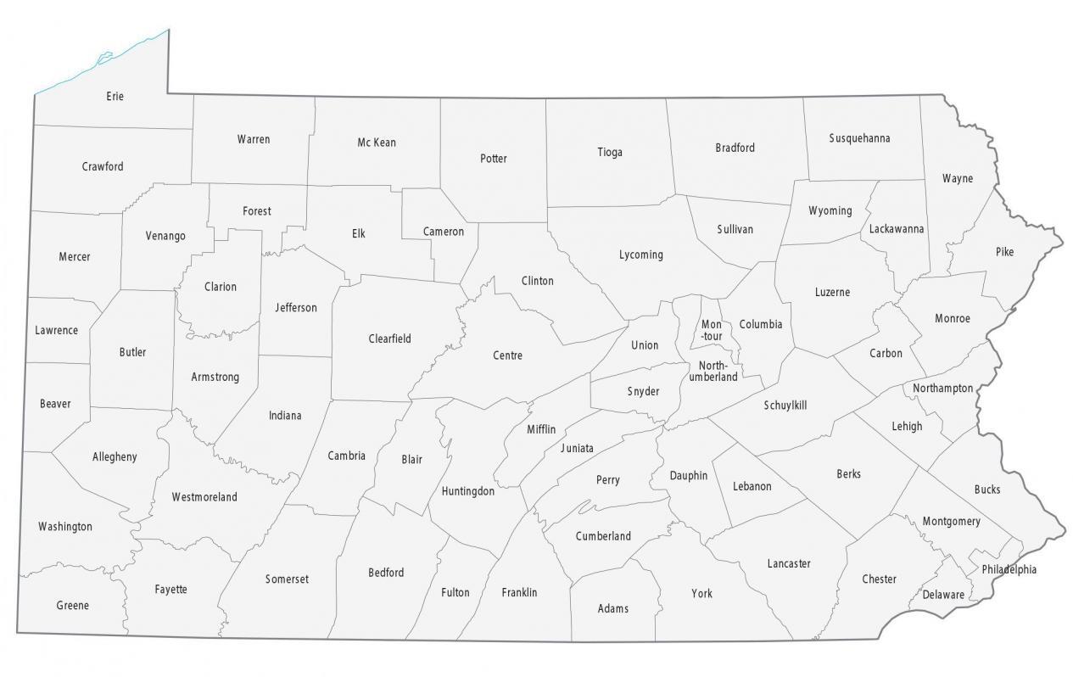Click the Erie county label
coord(115,97)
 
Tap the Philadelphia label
coord(1009,569)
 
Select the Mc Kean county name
coord(376,143)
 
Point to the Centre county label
coord(507,355)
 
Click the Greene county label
coord(72,606)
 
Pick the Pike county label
coord(1004,252)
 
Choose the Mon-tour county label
coord(712,331)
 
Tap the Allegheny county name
coord(115,457)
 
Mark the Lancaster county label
coord(789,563)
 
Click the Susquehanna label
coord(859,138)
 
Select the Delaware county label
coord(943,595)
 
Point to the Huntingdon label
coord(467,491)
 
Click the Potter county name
coord(493,159)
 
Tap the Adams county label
coord(613,608)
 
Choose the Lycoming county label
coord(640,255)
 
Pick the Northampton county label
coord(942,389)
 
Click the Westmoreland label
coord(204,497)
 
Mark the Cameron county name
coord(444,232)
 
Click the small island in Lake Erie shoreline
coord(104,59)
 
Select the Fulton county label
coord(455,592)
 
